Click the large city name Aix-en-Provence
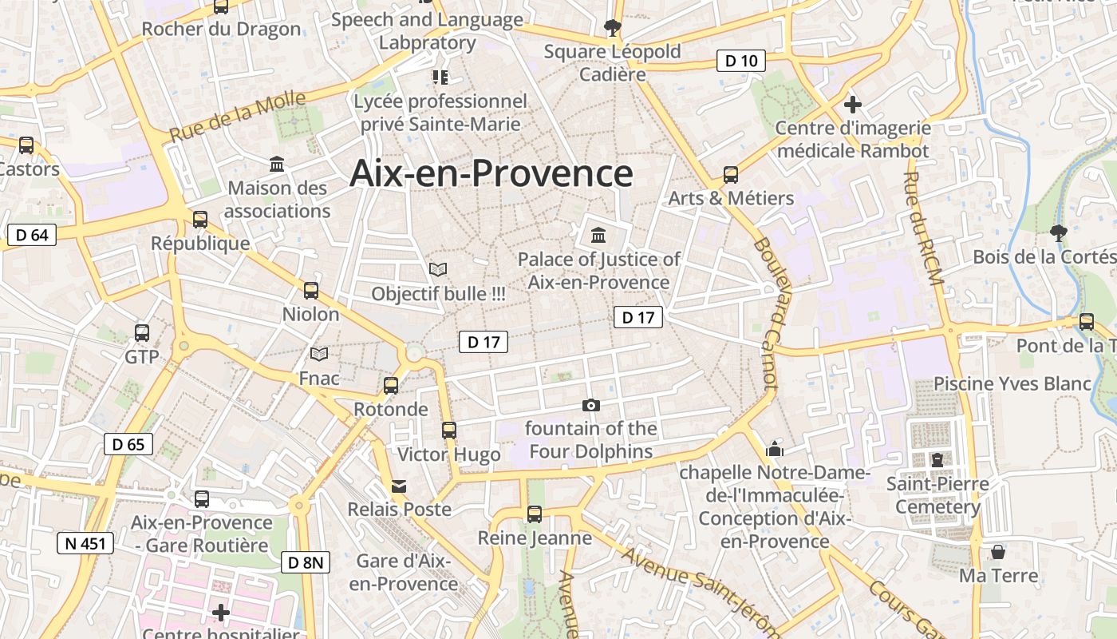pos(491,173)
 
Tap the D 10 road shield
pos(740,61)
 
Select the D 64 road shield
pos(32,235)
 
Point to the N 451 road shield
pos(85,544)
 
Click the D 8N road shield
pos(305,562)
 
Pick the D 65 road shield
pos(128,444)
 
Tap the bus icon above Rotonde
pos(391,386)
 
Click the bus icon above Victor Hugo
pos(449,431)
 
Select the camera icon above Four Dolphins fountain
pos(591,405)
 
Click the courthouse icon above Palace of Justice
pos(598,235)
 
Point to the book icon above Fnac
pos(319,354)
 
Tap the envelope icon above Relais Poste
pos(399,486)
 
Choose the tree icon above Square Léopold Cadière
pos(612,28)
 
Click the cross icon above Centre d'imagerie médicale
pos(853,104)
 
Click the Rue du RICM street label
pos(924,228)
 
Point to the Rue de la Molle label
pos(238,117)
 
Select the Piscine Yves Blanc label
pos(1012,383)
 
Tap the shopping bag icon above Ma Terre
pos(998,552)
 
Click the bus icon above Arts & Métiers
pos(731,175)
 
